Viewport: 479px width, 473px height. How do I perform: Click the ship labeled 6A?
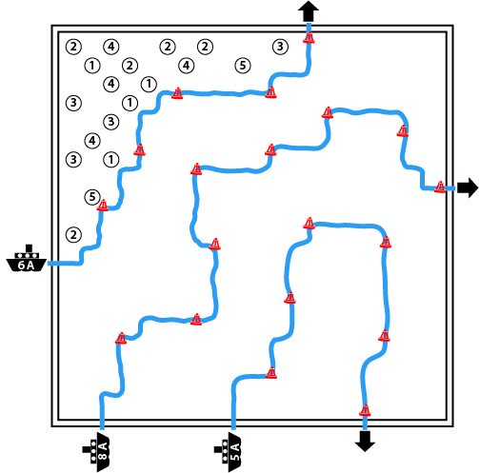pos(27,260)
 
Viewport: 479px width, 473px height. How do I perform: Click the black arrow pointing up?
pos(309,10)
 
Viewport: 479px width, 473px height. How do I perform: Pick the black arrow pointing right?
pos(468,187)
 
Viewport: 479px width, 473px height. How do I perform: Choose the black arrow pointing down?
pos(365,441)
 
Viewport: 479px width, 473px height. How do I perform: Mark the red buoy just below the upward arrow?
pos(309,37)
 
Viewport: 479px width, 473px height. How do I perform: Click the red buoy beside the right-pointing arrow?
pos(440,187)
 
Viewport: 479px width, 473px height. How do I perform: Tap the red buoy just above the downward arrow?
pos(365,410)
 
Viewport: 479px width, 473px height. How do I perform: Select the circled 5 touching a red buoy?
pos(92,197)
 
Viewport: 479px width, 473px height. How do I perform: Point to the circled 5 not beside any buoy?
pos(243,66)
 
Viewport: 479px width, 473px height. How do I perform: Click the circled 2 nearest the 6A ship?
pos(73,235)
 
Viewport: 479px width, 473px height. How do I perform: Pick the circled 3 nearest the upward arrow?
pos(280,47)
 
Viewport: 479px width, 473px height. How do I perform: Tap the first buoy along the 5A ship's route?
pos(271,373)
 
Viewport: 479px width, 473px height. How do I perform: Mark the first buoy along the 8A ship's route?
pos(121,338)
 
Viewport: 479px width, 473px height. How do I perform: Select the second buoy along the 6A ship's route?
pos(139,149)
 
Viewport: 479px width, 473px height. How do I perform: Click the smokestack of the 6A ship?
pos(29,248)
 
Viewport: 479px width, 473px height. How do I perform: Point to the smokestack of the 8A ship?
pos(87,449)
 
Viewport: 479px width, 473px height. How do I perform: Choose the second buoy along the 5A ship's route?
pos(289,298)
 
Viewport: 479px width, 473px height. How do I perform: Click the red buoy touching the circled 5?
pos(103,205)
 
